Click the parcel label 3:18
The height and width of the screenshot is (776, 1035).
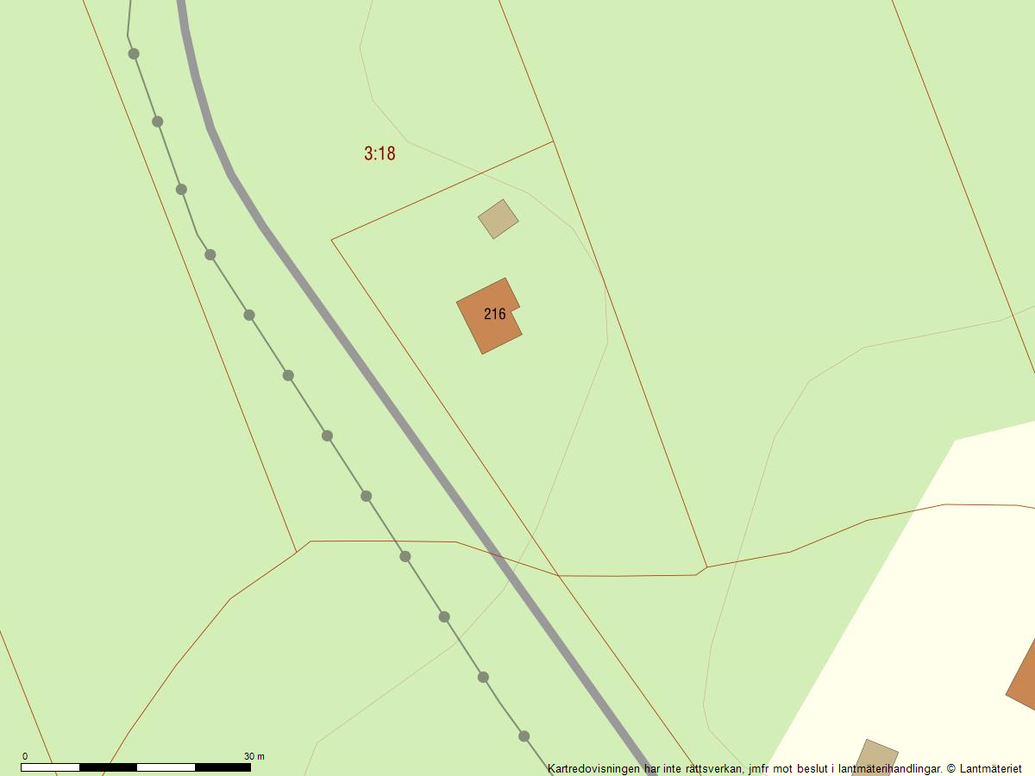click(x=379, y=153)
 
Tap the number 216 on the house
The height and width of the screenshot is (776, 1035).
click(x=494, y=314)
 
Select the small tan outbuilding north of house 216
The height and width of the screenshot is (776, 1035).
click(x=499, y=219)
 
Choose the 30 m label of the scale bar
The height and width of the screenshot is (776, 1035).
click(x=254, y=756)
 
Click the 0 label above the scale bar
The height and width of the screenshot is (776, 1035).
click(x=24, y=756)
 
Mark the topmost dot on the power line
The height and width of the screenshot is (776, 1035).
click(x=134, y=53)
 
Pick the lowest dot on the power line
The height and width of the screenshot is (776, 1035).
click(x=524, y=736)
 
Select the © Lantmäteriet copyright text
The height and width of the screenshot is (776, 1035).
click(x=983, y=767)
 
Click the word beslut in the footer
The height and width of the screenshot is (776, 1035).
click(x=813, y=767)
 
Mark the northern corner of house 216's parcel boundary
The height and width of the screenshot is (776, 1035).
click(x=553, y=141)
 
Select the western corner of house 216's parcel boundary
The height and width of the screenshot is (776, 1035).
click(x=332, y=240)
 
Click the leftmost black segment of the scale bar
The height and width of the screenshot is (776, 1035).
click(x=108, y=767)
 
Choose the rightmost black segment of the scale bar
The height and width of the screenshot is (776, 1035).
click(x=223, y=767)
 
